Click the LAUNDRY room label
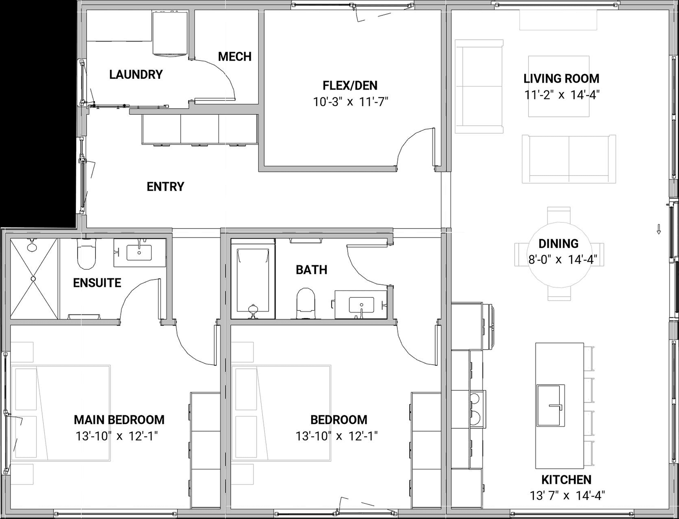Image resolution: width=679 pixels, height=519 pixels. (136, 74)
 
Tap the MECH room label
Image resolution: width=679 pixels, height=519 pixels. (234, 56)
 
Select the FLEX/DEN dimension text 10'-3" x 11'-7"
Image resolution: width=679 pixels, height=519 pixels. (350, 102)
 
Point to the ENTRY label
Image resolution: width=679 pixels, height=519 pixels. (166, 187)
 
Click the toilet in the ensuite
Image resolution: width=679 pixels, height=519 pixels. (86, 254)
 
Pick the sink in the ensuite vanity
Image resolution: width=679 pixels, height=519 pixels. (139, 252)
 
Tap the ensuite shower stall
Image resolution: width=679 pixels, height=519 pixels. (34, 279)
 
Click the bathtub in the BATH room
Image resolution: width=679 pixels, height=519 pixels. (253, 279)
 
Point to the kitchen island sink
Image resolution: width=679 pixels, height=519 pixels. (551, 405)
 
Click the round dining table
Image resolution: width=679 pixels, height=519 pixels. (559, 254)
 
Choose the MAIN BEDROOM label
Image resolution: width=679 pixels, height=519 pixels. (119, 420)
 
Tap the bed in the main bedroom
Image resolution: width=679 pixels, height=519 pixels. (61, 413)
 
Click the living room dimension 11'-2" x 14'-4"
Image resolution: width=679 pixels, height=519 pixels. (562, 95)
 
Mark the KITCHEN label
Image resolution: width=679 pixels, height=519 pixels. (566, 480)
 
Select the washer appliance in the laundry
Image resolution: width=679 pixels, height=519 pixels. (170, 33)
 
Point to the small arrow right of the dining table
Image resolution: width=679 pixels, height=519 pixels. (659, 229)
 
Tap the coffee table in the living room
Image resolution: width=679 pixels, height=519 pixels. (559, 86)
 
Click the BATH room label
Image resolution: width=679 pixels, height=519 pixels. (312, 270)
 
